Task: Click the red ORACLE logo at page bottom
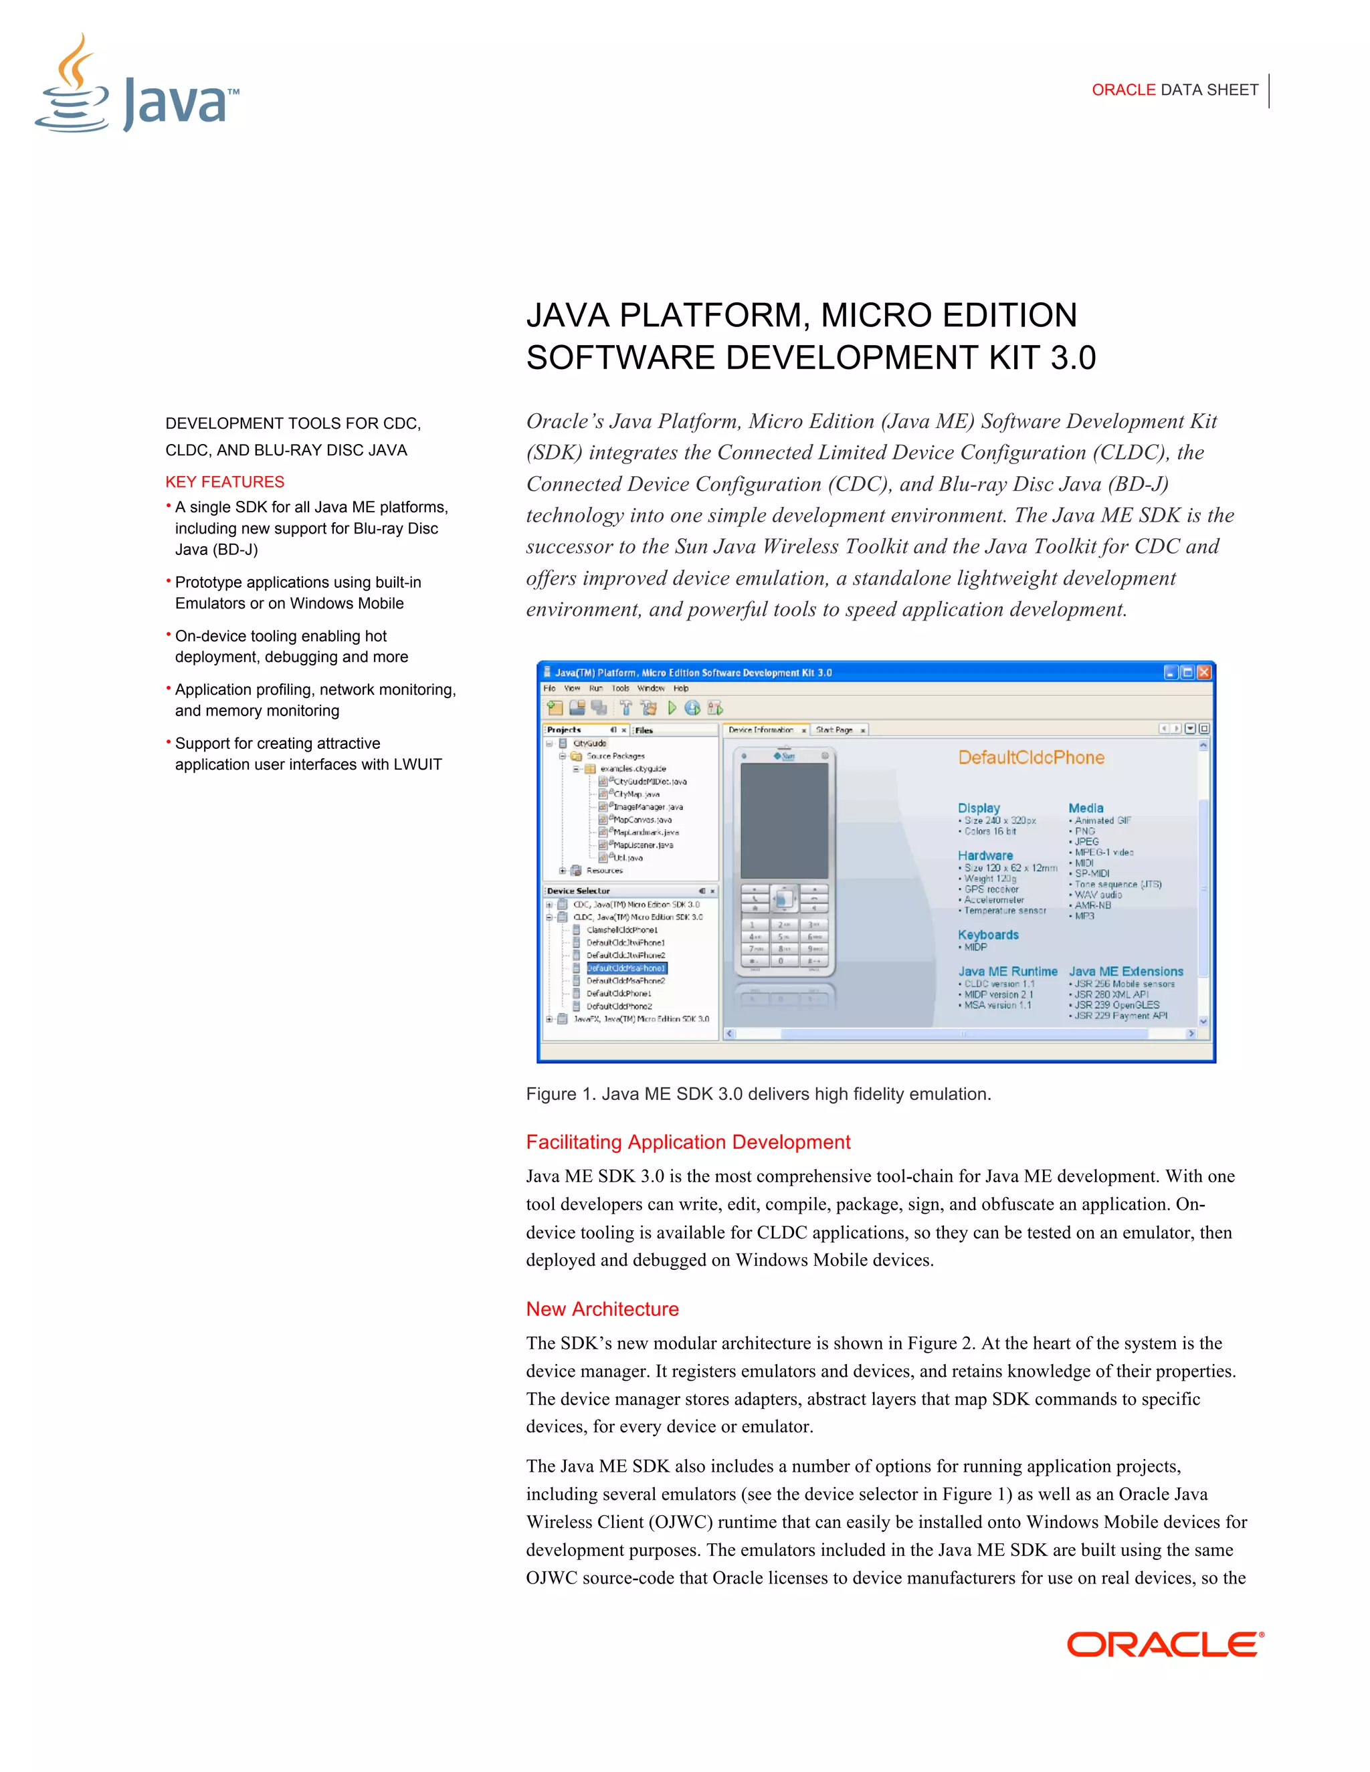point(1165,1645)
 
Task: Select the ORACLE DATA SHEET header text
point(1175,90)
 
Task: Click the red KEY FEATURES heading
point(225,482)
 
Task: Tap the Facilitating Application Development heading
point(688,1142)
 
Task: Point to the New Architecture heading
point(602,1309)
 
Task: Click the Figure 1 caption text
point(758,1094)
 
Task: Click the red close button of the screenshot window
point(1204,673)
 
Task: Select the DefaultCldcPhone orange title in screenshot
point(1031,758)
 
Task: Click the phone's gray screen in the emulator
point(784,821)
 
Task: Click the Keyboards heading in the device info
point(988,935)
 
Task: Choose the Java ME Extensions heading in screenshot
point(1126,971)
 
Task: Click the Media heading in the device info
point(1085,808)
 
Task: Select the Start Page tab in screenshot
point(834,730)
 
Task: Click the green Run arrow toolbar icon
point(672,708)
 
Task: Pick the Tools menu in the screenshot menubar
point(620,688)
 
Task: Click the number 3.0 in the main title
point(1073,358)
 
